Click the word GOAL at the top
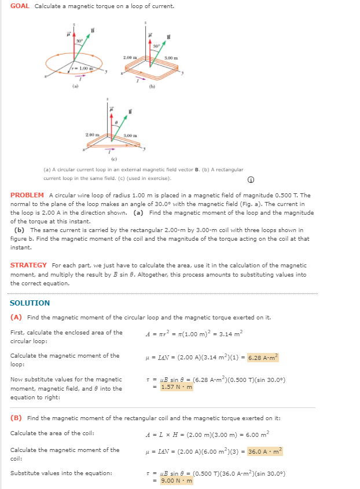(x=20, y=6)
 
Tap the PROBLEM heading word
(x=27, y=195)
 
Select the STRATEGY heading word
(x=29, y=265)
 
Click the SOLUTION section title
(x=30, y=303)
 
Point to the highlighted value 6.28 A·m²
(x=263, y=358)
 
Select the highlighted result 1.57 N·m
(x=177, y=387)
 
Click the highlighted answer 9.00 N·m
(x=177, y=480)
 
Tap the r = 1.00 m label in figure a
(x=81, y=69)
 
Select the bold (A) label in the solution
(x=16, y=317)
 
